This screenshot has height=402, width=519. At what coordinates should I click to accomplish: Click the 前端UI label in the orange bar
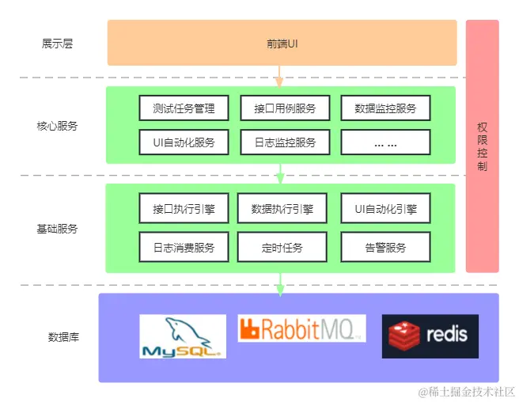282,43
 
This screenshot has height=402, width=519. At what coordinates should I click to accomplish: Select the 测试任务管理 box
184,108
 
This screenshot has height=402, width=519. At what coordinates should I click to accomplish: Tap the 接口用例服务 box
285,108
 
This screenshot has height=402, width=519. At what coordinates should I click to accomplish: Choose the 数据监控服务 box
385,108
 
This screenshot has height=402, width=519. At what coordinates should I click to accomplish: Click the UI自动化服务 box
184,142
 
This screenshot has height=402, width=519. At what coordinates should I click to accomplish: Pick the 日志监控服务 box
285,142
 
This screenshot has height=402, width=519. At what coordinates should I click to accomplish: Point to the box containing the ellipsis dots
385,142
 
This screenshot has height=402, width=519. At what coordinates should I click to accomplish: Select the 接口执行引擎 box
184,210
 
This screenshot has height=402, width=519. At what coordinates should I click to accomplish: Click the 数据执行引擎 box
282,210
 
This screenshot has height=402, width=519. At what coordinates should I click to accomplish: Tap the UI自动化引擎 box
385,210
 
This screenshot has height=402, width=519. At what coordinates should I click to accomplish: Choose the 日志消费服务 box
184,247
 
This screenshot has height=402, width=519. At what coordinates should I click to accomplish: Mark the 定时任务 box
282,247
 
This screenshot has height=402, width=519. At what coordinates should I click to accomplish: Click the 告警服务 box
385,247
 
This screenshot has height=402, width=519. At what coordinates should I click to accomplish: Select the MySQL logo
183,336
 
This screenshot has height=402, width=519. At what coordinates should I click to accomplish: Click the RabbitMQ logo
301,328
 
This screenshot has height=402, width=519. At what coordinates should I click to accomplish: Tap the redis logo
430,336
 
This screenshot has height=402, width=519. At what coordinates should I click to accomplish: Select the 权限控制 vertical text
482,146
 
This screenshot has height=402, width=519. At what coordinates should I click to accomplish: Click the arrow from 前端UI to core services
278,76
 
